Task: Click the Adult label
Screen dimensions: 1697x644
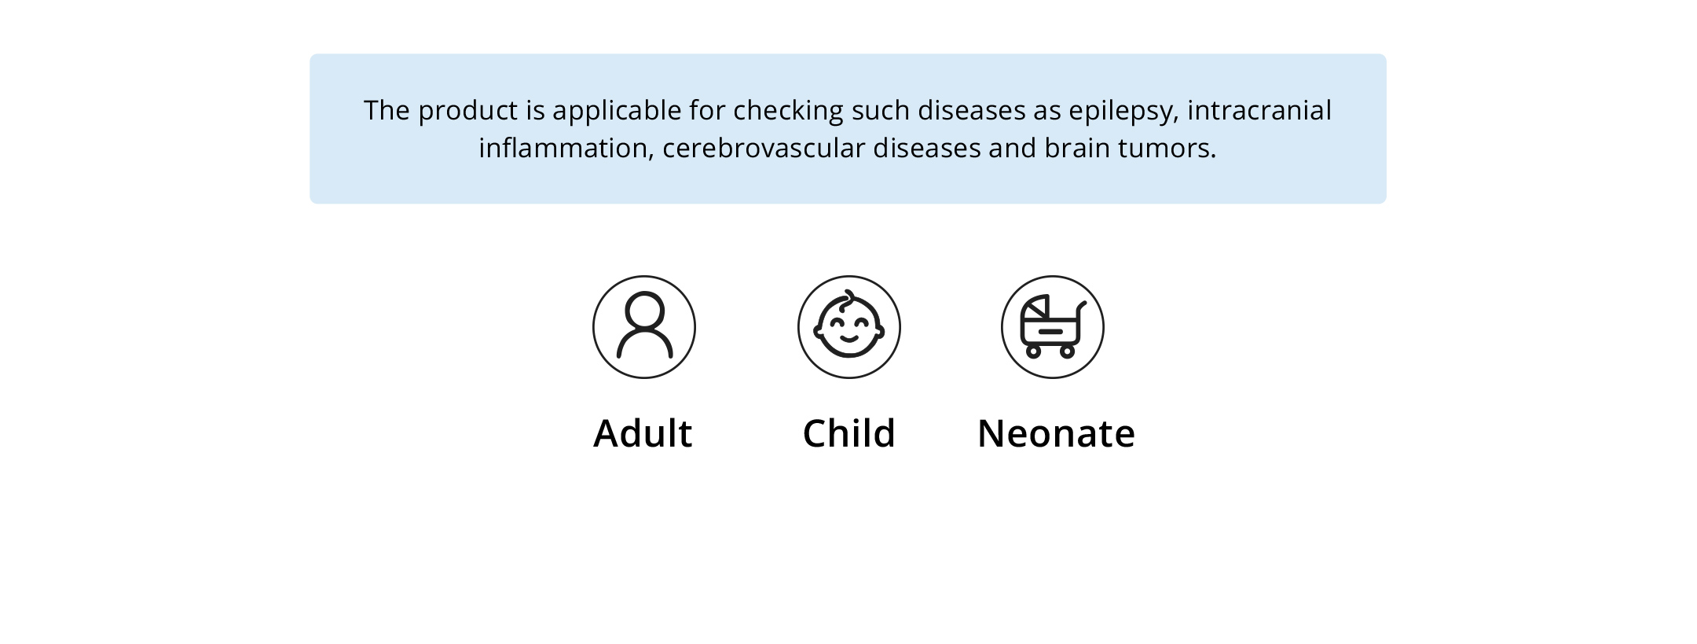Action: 643,433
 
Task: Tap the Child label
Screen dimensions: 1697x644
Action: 848,433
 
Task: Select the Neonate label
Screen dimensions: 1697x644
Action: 1056,433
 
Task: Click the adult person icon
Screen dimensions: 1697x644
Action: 644,326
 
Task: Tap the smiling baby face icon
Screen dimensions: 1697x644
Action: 848,326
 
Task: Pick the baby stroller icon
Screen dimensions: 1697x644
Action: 1053,326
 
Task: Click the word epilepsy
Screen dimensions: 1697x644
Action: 1123,112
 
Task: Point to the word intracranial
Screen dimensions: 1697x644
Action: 1259,110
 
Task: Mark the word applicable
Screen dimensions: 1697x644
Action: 617,112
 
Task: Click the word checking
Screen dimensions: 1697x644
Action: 789,112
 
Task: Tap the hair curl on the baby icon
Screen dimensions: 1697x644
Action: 848,299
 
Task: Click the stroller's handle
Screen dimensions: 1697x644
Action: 1082,308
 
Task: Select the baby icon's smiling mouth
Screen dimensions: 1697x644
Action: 849,340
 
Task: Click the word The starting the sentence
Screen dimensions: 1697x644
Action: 387,110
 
